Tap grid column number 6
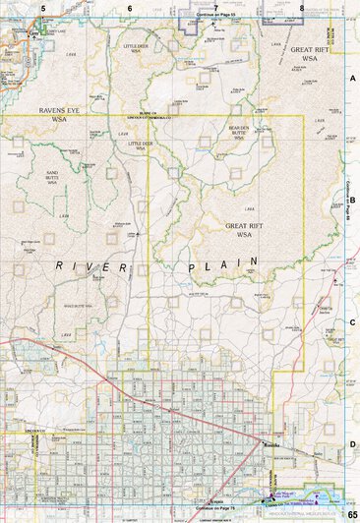pyautogui.click(x=129, y=7)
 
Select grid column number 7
pyautogui.click(x=215, y=7)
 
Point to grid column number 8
pyautogui.click(x=302, y=7)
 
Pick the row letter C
pyautogui.click(x=352, y=322)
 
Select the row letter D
pyautogui.click(x=352, y=444)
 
